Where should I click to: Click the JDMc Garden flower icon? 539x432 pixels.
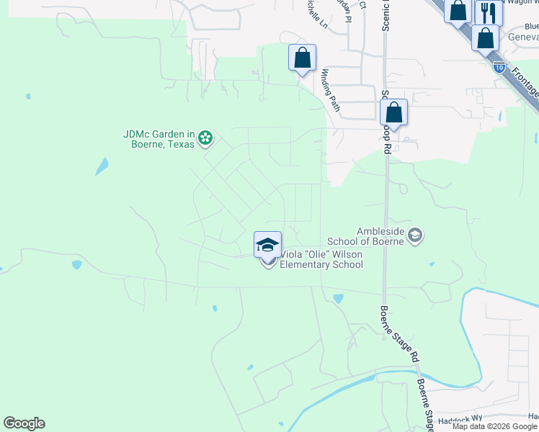pyautogui.click(x=205, y=137)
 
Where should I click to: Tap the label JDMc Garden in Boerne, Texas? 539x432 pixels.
pyautogui.click(x=159, y=139)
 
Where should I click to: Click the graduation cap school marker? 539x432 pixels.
pyautogui.click(x=267, y=244)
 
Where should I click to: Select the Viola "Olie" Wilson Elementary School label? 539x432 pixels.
pyautogui.click(x=321, y=260)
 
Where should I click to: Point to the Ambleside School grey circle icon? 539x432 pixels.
pyautogui.click(x=415, y=235)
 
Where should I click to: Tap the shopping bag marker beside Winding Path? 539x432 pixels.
pyautogui.click(x=302, y=58)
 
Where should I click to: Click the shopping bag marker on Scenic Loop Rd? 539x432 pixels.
pyautogui.click(x=393, y=112)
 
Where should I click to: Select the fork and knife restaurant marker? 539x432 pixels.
pyautogui.click(x=489, y=12)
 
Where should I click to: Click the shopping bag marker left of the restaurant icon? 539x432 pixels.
pyautogui.click(x=458, y=11)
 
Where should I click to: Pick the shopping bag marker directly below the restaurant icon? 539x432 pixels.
pyautogui.click(x=486, y=37)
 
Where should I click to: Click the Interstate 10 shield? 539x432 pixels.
pyautogui.click(x=499, y=67)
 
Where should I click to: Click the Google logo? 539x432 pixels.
pyautogui.click(x=24, y=423)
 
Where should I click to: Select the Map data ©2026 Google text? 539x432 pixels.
pyautogui.click(x=494, y=426)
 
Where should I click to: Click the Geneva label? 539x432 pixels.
pyautogui.click(x=524, y=38)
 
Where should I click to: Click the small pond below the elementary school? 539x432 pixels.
pyautogui.click(x=339, y=297)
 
